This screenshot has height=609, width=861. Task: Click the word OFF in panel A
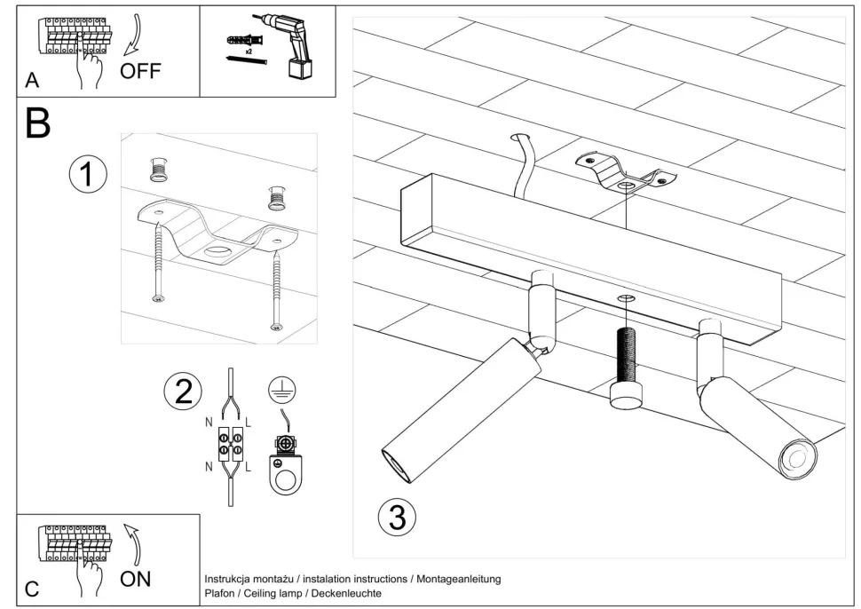click(140, 70)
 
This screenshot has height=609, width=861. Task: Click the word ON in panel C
click(136, 579)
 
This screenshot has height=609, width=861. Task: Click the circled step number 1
click(88, 175)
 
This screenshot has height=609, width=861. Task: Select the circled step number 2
click(183, 391)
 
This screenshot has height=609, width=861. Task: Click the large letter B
click(37, 123)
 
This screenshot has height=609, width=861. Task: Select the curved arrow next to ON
click(134, 543)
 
